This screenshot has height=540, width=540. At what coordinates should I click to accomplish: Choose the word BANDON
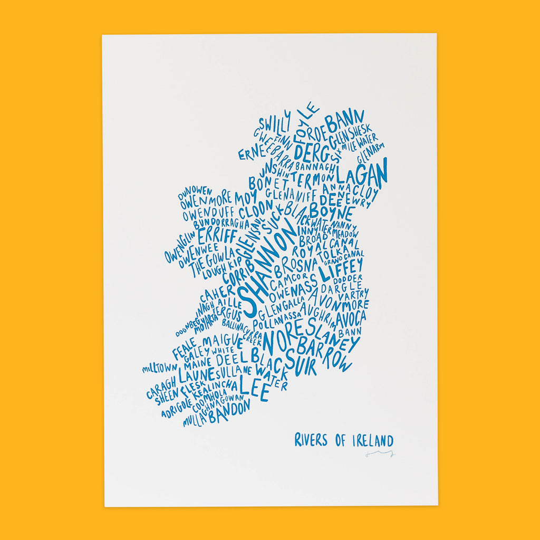coord(229,411)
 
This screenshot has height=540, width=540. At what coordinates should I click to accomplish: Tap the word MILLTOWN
coord(159,367)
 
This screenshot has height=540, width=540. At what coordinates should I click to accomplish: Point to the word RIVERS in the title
coord(311,440)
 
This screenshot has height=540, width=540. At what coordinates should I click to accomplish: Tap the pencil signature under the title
coord(380,453)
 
